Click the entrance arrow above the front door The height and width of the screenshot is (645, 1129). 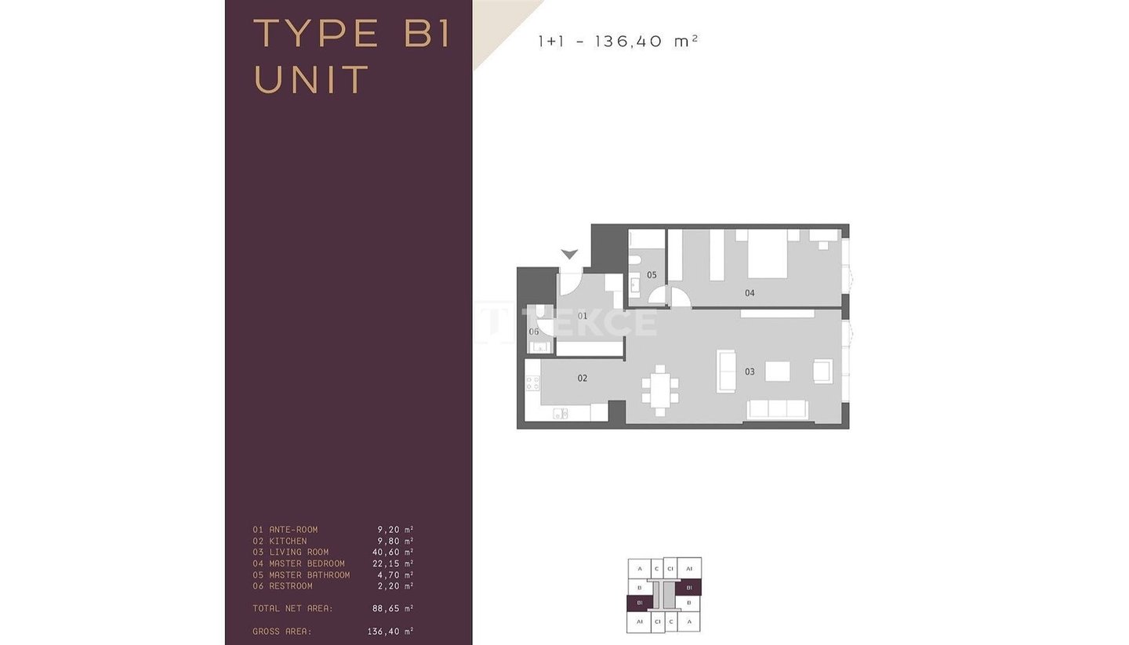(569, 255)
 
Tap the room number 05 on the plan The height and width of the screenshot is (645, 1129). (652, 275)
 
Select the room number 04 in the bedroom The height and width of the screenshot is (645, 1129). (750, 293)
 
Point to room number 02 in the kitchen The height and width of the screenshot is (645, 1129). (582, 378)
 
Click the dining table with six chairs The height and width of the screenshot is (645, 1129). (660, 390)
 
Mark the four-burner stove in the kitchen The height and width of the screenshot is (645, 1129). (533, 383)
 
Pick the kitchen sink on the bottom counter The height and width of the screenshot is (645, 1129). (561, 414)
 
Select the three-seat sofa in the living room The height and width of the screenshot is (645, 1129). (777, 409)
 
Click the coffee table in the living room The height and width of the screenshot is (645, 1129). (777, 371)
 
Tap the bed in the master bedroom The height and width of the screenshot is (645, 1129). (767, 254)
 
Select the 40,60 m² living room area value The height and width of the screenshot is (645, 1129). (393, 553)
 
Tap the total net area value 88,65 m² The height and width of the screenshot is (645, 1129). (393, 608)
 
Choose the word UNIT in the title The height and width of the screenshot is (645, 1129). (311, 80)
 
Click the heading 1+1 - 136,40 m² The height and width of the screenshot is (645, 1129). (618, 41)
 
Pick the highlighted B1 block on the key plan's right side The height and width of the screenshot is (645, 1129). (688, 588)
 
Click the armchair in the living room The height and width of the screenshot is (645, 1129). (822, 371)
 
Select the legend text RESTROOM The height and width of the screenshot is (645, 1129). (290, 586)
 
